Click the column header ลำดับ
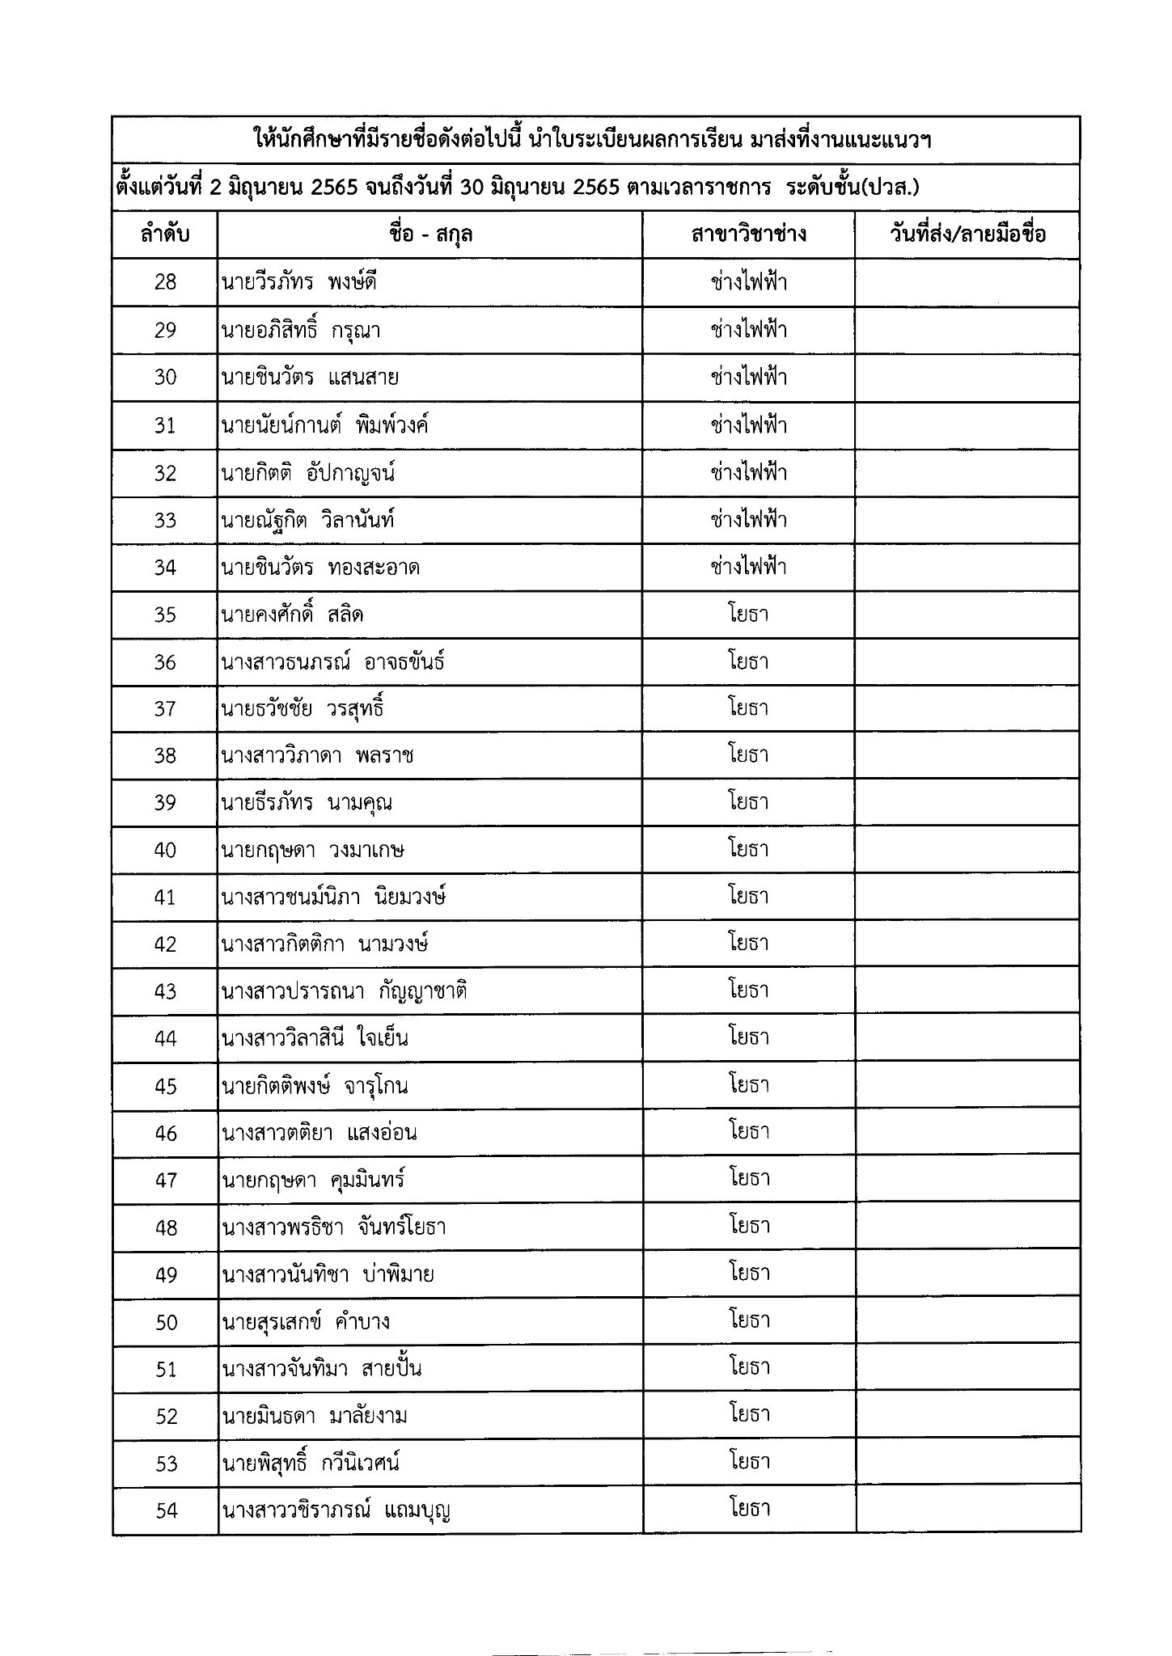click(x=165, y=235)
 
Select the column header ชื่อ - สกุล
click(x=430, y=235)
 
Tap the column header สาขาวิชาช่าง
click(x=748, y=235)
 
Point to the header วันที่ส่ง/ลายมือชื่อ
click(x=967, y=235)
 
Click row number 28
click(x=165, y=282)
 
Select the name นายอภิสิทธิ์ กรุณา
click(x=300, y=330)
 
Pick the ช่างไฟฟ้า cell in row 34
click(x=748, y=567)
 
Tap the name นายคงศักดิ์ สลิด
click(x=292, y=615)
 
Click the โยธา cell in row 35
click(x=748, y=614)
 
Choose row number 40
click(x=165, y=850)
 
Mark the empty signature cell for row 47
click(x=967, y=1180)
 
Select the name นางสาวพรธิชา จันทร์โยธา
click(x=333, y=1227)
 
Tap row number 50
click(x=166, y=1322)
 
